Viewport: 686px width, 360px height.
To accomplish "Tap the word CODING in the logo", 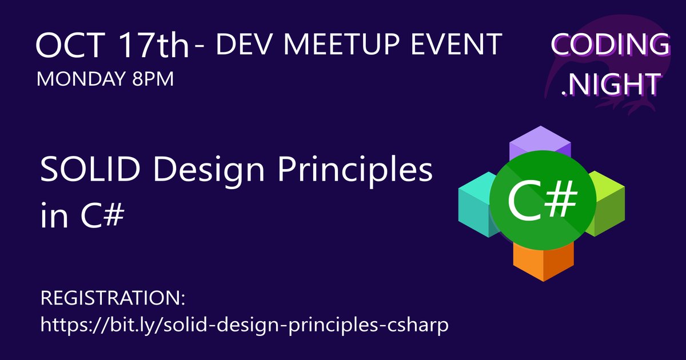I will point(610,46).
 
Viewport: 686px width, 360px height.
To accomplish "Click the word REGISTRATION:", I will point(114,299).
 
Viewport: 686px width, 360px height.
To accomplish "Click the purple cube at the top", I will point(540,142).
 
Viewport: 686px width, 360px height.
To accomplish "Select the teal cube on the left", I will point(474,203).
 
